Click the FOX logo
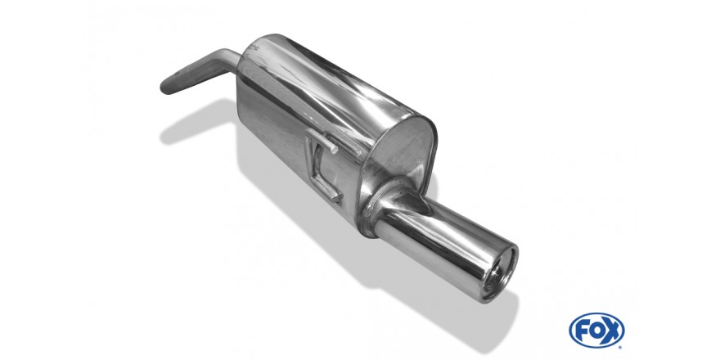[x=596, y=331]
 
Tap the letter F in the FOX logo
[x=583, y=331]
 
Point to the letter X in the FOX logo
[x=612, y=331]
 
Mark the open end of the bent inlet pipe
[x=165, y=88]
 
